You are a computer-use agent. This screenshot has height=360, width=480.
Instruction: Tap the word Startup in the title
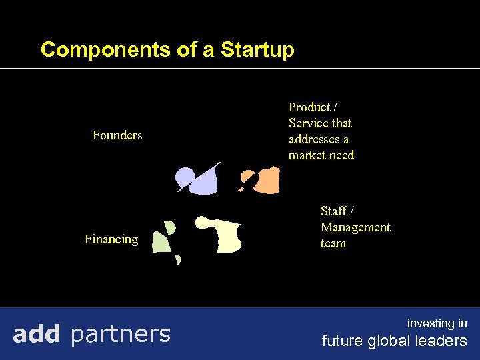tap(257, 50)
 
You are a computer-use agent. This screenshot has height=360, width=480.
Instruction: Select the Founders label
tap(117, 135)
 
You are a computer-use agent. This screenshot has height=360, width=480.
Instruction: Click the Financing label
tap(111, 239)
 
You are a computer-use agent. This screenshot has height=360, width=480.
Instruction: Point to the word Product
tap(309, 107)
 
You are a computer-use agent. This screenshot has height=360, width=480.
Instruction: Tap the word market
tap(307, 155)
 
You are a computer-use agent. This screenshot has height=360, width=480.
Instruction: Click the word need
tap(341, 155)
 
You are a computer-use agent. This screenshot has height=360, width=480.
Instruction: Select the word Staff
tap(334, 211)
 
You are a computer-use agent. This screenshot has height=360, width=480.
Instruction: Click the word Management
tap(355, 227)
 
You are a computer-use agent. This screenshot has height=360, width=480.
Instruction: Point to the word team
tap(333, 243)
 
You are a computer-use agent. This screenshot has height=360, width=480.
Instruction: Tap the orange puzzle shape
tap(267, 180)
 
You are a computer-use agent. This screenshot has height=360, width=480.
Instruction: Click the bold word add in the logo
tap(37, 333)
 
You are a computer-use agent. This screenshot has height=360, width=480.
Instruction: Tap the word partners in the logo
tap(120, 333)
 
